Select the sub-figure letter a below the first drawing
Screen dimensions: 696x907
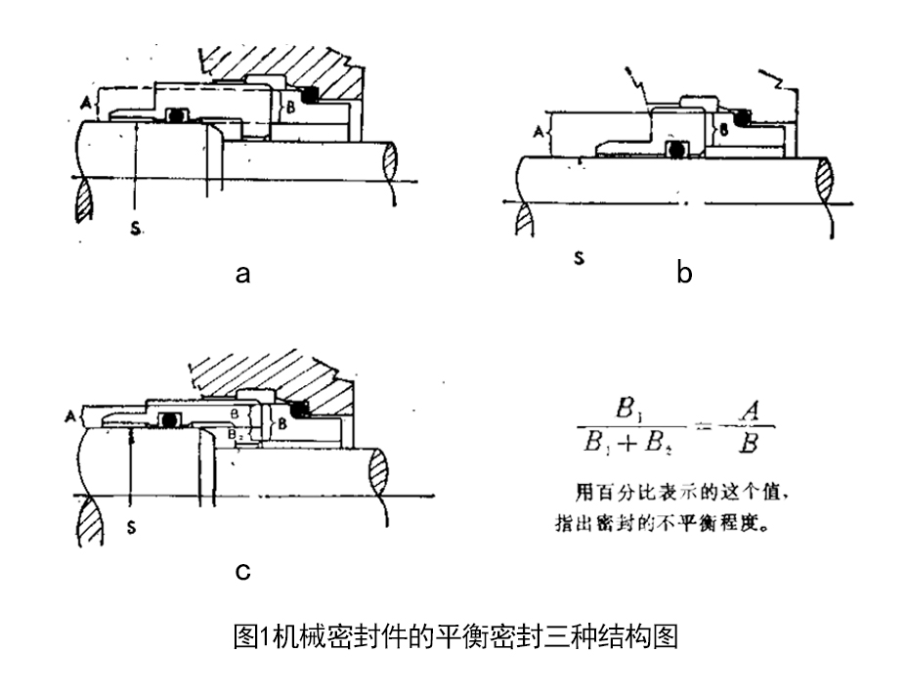click(242, 274)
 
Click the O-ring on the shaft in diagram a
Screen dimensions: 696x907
click(177, 114)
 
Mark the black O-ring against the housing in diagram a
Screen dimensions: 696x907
click(312, 95)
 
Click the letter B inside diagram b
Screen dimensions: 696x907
click(724, 127)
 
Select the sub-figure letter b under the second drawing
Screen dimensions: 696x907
click(684, 274)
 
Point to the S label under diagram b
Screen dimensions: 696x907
click(579, 260)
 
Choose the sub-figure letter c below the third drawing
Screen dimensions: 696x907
click(242, 571)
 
